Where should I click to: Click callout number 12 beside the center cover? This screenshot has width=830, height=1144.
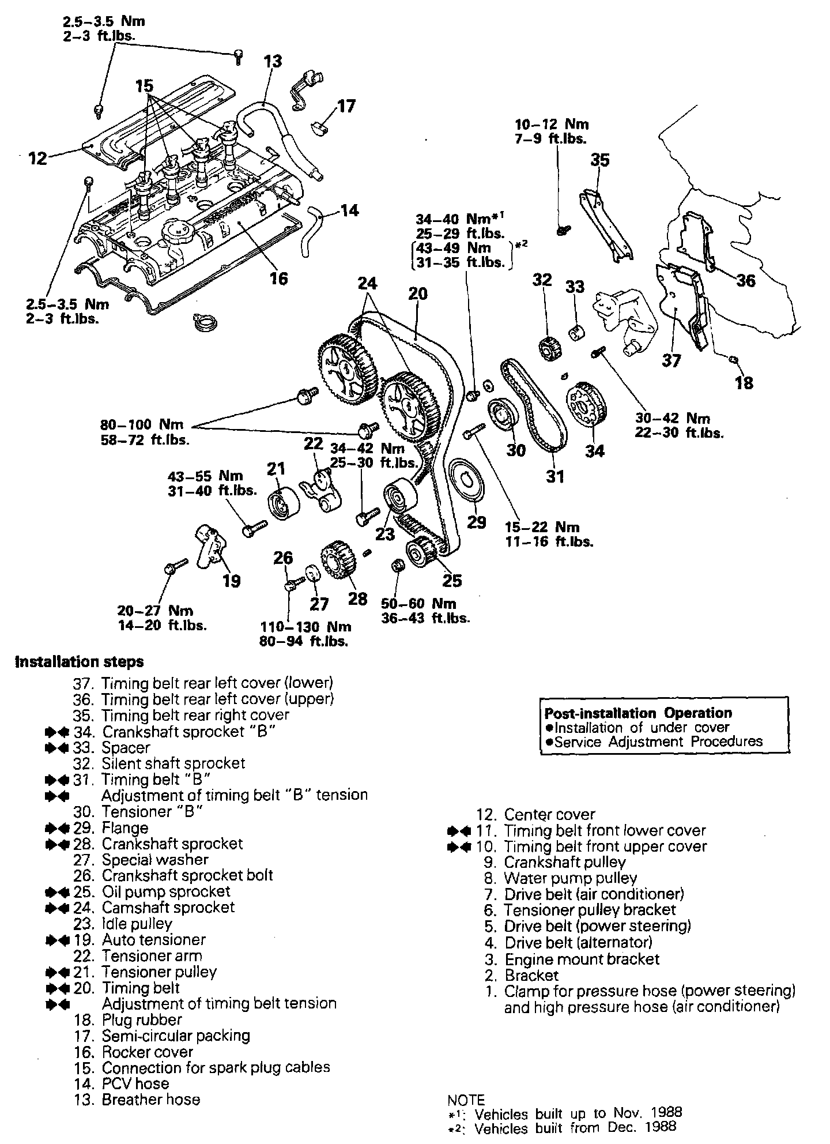(x=37, y=157)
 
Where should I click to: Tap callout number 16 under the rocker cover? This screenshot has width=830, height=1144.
(x=278, y=279)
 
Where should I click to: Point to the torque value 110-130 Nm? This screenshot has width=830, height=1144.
(x=305, y=627)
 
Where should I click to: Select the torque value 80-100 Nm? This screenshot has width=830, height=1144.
(x=142, y=425)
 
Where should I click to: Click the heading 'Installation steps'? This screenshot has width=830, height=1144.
(x=79, y=661)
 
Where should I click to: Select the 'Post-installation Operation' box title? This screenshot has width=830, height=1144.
(x=638, y=713)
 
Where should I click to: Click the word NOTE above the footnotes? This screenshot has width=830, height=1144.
(x=466, y=1100)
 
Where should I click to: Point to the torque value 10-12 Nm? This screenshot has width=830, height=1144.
(x=552, y=124)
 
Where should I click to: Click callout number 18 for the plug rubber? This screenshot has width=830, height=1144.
(x=744, y=382)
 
